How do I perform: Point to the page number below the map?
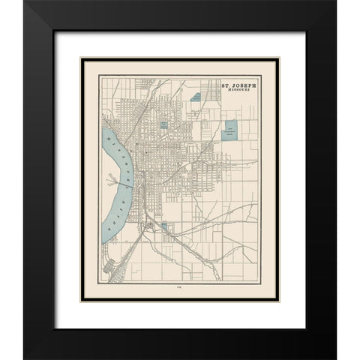pyautogui.click(x=180, y=286)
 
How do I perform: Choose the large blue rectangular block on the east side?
pyautogui.click(x=231, y=131)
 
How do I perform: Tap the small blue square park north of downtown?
pyautogui.click(x=163, y=121)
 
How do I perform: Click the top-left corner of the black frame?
pyautogui.click(x=25, y=2)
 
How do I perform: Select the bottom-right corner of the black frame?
pyautogui.click(x=335, y=358)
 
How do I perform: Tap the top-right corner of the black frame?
pyautogui.click(x=335, y=2)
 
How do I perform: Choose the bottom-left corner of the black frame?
pyautogui.click(x=25, y=358)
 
